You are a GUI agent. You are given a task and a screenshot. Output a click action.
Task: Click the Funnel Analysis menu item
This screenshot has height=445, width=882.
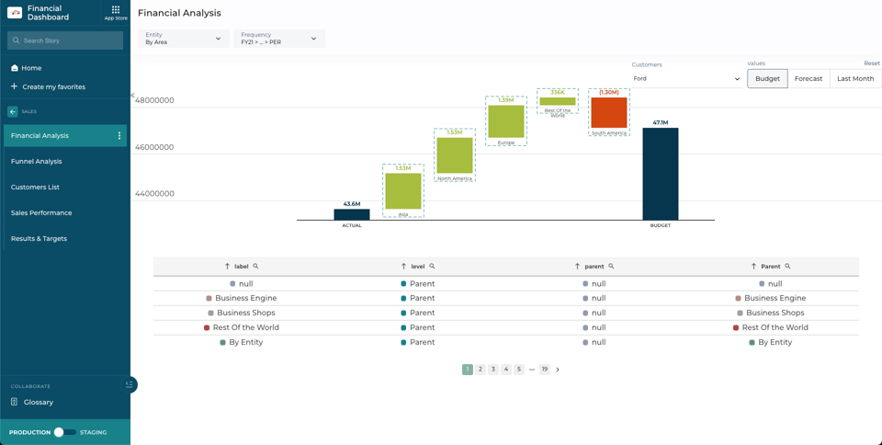pos(37,161)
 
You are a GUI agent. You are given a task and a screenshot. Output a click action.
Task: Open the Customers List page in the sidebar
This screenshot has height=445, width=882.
pos(35,187)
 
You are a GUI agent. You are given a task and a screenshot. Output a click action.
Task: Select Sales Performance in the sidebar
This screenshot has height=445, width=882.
pos(41,212)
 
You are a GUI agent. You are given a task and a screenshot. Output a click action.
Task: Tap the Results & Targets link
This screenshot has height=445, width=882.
pos(39,238)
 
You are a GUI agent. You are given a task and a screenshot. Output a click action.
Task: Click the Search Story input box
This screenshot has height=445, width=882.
pos(65,40)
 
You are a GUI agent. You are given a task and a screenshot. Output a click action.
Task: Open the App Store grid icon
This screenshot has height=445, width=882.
pos(116,12)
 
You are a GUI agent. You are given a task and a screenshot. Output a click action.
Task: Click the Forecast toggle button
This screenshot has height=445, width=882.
pos(808,78)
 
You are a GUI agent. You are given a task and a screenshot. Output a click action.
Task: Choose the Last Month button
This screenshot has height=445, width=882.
pos(855,78)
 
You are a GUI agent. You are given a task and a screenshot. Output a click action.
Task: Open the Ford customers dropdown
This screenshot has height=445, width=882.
pos(686,78)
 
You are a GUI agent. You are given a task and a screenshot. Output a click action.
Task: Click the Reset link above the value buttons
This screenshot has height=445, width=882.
pos(872,63)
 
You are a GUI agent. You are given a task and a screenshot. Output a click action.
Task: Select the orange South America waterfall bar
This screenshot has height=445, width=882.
pos(609,112)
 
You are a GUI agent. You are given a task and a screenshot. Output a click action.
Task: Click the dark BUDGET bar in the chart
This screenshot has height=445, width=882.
pos(661,174)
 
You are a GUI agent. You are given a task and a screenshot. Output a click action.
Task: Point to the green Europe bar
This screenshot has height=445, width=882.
pos(506,121)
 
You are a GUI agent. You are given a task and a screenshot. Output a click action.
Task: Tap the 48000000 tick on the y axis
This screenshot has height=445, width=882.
pos(154,100)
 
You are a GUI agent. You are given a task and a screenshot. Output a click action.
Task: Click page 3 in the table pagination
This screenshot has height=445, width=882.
pos(493,370)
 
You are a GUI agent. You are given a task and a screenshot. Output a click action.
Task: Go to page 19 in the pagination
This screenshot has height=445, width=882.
pos(545,370)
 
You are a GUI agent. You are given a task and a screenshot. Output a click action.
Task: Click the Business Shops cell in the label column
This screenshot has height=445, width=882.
pos(245,313)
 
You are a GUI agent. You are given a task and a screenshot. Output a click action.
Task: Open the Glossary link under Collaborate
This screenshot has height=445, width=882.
pos(39,402)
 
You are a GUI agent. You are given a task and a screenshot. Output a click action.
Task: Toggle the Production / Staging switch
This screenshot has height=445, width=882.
pos(64,432)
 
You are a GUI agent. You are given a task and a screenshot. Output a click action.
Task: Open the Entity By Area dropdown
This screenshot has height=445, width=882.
pos(184,39)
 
